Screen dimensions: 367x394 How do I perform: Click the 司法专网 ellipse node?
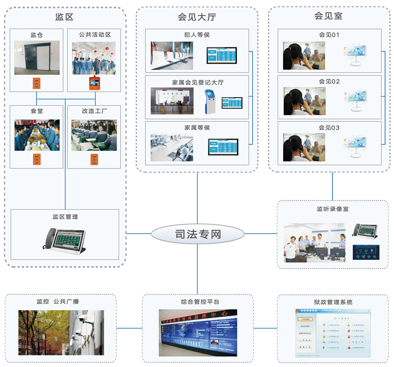pyautogui.click(x=197, y=233)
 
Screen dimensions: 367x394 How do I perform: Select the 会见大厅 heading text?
pyautogui.click(x=197, y=17)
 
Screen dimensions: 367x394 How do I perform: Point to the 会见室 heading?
pyautogui.click(x=328, y=16)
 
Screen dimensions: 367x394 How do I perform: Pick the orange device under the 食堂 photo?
pyautogui.click(x=36, y=159)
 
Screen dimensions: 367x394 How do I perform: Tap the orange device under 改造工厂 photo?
pyautogui.click(x=94, y=159)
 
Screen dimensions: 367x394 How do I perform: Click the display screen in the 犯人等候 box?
pyautogui.click(x=221, y=55)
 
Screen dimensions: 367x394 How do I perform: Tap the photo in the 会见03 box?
pyautogui.click(x=304, y=147)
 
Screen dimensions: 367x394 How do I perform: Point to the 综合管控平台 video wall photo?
pyautogui.click(x=197, y=332)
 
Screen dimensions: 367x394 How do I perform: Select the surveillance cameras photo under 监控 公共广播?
pyautogui.click(x=61, y=332)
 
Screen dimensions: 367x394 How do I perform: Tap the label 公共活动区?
pyautogui.click(x=95, y=35)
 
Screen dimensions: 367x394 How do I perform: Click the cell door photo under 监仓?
pyautogui.click(x=37, y=57)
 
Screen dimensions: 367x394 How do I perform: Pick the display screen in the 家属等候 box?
pyautogui.click(x=222, y=147)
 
